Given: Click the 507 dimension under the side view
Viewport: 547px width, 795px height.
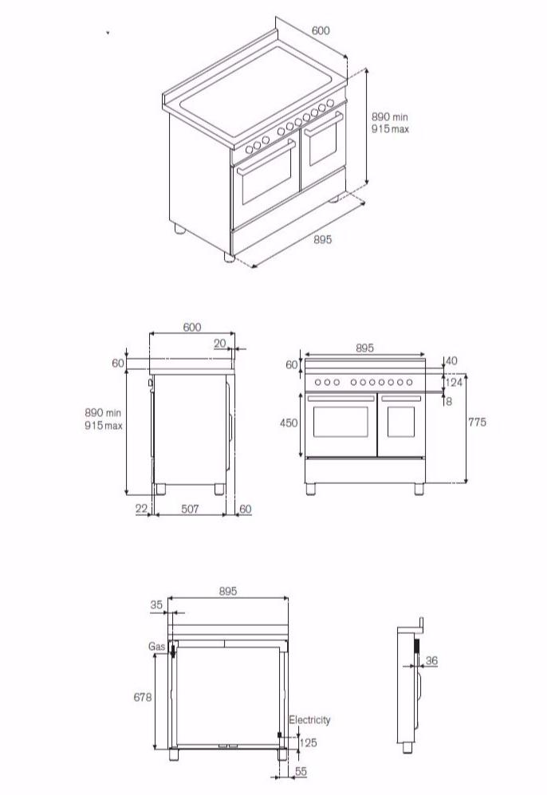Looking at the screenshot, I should (190, 509).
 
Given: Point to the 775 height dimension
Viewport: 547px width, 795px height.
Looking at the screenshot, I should (477, 423).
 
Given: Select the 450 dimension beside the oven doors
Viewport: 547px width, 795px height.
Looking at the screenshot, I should (289, 423).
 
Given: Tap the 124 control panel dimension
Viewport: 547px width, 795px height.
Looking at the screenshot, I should (454, 384).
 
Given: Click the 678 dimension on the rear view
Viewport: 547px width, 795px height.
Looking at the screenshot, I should (142, 697).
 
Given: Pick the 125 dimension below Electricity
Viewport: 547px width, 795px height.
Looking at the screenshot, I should (308, 743).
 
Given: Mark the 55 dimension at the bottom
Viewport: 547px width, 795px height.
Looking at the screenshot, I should (301, 773).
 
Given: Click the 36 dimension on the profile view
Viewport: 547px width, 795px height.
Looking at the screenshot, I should (432, 660).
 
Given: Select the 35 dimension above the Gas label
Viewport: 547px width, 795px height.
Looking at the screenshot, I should (155, 605).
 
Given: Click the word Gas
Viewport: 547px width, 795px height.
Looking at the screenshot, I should (155, 647).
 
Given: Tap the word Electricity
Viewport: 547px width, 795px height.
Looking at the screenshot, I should (309, 720).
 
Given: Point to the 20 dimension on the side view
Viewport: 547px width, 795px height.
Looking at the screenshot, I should (220, 343).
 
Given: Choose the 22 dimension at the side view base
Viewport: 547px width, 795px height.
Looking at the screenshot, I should (141, 509).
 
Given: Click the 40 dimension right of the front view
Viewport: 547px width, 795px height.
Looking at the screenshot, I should (451, 361).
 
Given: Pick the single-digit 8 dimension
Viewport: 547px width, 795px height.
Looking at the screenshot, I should (449, 402).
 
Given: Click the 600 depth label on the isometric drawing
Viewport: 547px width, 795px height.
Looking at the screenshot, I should (321, 31).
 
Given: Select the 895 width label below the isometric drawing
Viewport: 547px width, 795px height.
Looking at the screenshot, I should (322, 240).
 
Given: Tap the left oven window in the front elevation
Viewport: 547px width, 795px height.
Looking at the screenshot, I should (340, 422).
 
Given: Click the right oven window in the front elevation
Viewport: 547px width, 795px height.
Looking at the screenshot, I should (401, 422).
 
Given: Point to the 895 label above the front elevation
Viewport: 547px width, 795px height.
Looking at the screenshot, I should (364, 348).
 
